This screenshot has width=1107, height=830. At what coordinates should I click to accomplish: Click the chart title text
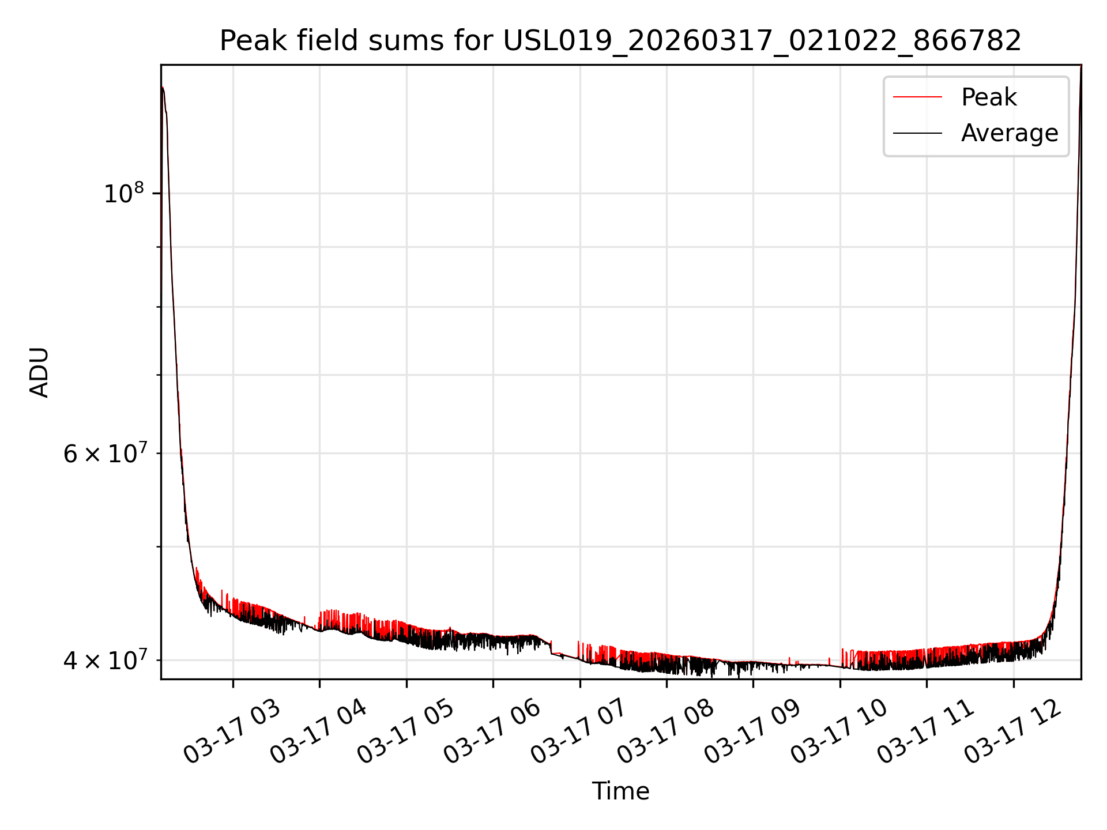620,41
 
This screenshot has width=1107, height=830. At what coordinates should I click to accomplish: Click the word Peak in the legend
989,97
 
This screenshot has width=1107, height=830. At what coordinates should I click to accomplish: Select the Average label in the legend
1009,133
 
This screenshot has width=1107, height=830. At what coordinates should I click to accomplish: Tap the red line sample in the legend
917,97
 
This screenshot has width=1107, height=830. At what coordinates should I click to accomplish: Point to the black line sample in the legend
917,134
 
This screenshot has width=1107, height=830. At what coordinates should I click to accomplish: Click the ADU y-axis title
39,372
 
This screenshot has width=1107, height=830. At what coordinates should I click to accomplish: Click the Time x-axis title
620,791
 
